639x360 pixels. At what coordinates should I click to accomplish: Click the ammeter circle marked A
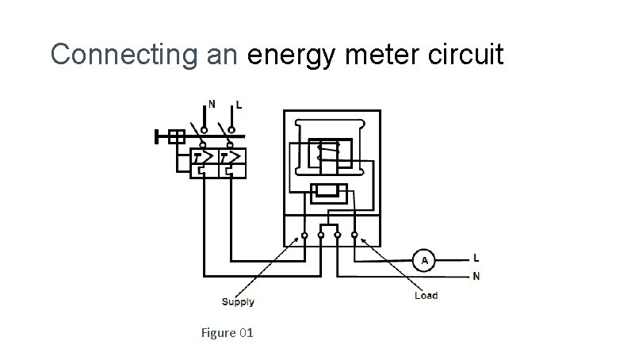coord(424,259)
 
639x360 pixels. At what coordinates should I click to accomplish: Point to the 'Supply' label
coord(238,302)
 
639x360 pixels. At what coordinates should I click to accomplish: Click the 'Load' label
coord(426,296)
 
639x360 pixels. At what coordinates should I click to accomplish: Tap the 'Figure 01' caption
coord(228,333)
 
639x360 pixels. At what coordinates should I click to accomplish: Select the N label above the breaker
coord(212,103)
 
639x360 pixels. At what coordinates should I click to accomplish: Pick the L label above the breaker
coord(239,105)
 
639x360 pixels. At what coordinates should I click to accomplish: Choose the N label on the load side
coord(476,277)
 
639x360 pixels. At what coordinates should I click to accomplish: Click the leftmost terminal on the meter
coord(304,236)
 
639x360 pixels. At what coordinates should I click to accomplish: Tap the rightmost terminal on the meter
coord(354,236)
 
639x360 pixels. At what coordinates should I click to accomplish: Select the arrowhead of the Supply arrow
coord(299,241)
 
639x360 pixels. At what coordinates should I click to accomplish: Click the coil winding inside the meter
coord(325,151)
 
